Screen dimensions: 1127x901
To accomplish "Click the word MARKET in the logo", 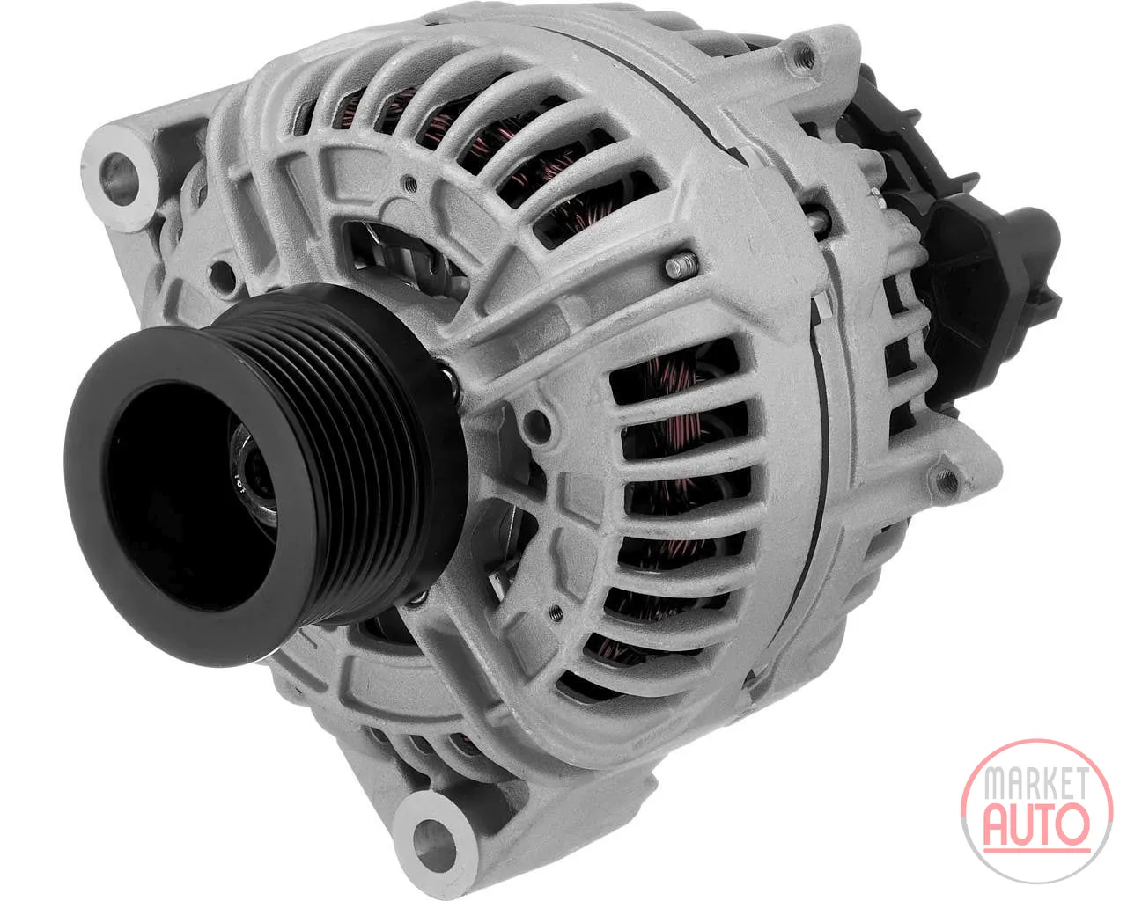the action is [x=1036, y=785].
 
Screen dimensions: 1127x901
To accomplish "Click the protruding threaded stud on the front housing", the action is [x=681, y=267].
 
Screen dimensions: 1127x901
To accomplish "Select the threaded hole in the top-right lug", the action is [x=805, y=56].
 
